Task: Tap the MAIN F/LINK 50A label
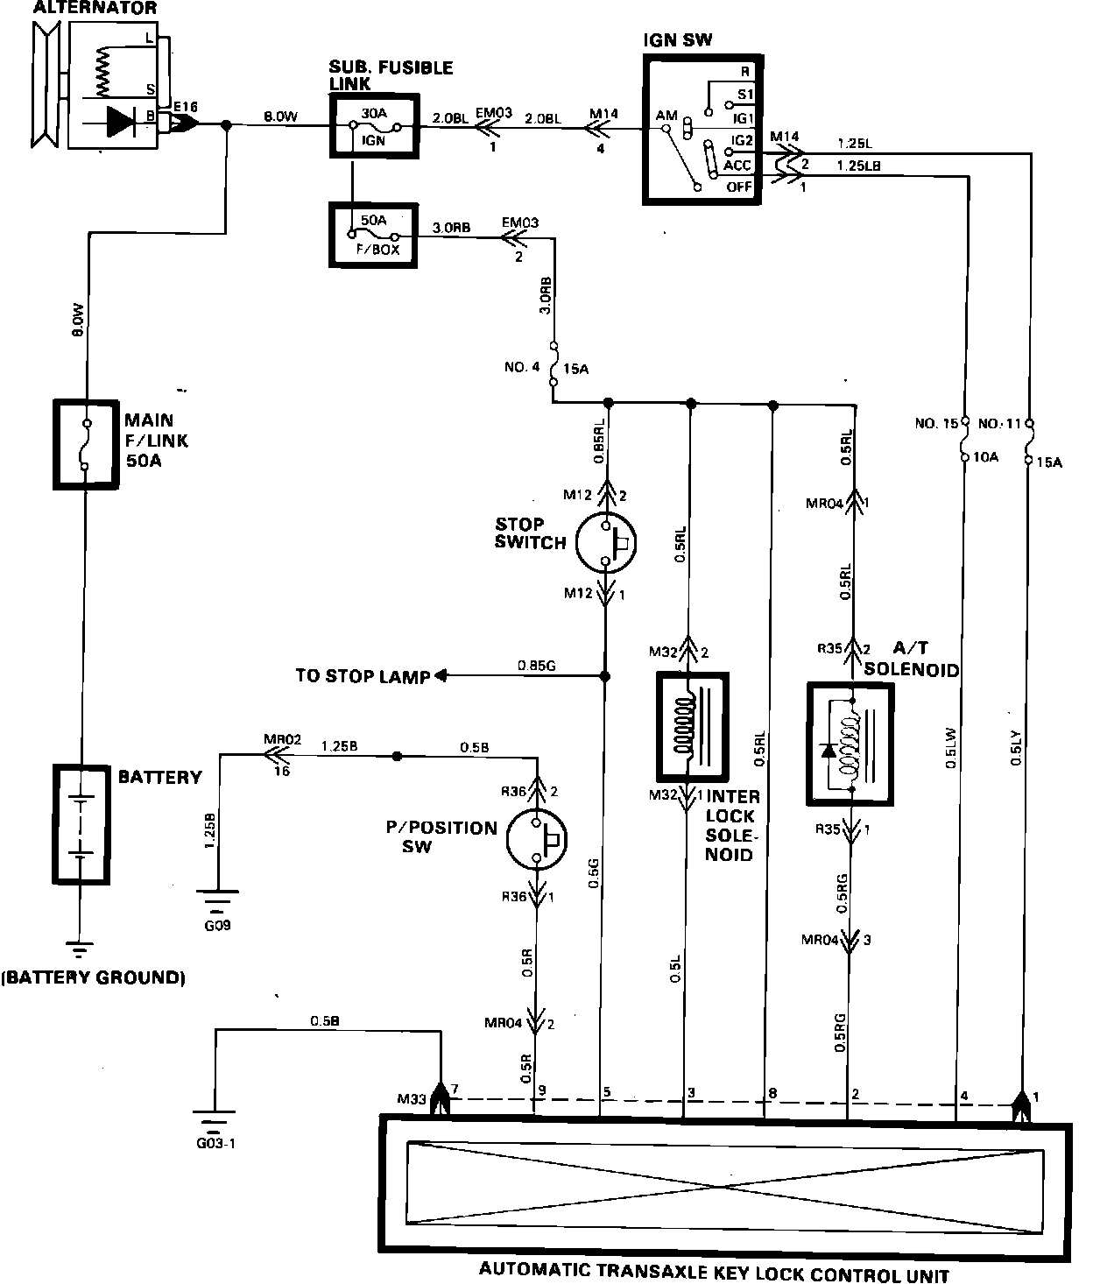[x=156, y=441]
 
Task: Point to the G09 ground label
[x=217, y=926]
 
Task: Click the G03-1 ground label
[x=215, y=1143]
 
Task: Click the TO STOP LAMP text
[x=363, y=676]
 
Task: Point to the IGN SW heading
[x=678, y=40]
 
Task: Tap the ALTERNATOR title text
[x=95, y=8]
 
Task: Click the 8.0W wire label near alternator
[x=281, y=116]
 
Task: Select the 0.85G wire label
[x=537, y=666]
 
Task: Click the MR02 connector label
[x=283, y=739]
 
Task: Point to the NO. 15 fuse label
[x=936, y=424]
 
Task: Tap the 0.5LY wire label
[x=1016, y=747]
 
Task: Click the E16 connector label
[x=185, y=107]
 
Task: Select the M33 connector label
[x=412, y=1099]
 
